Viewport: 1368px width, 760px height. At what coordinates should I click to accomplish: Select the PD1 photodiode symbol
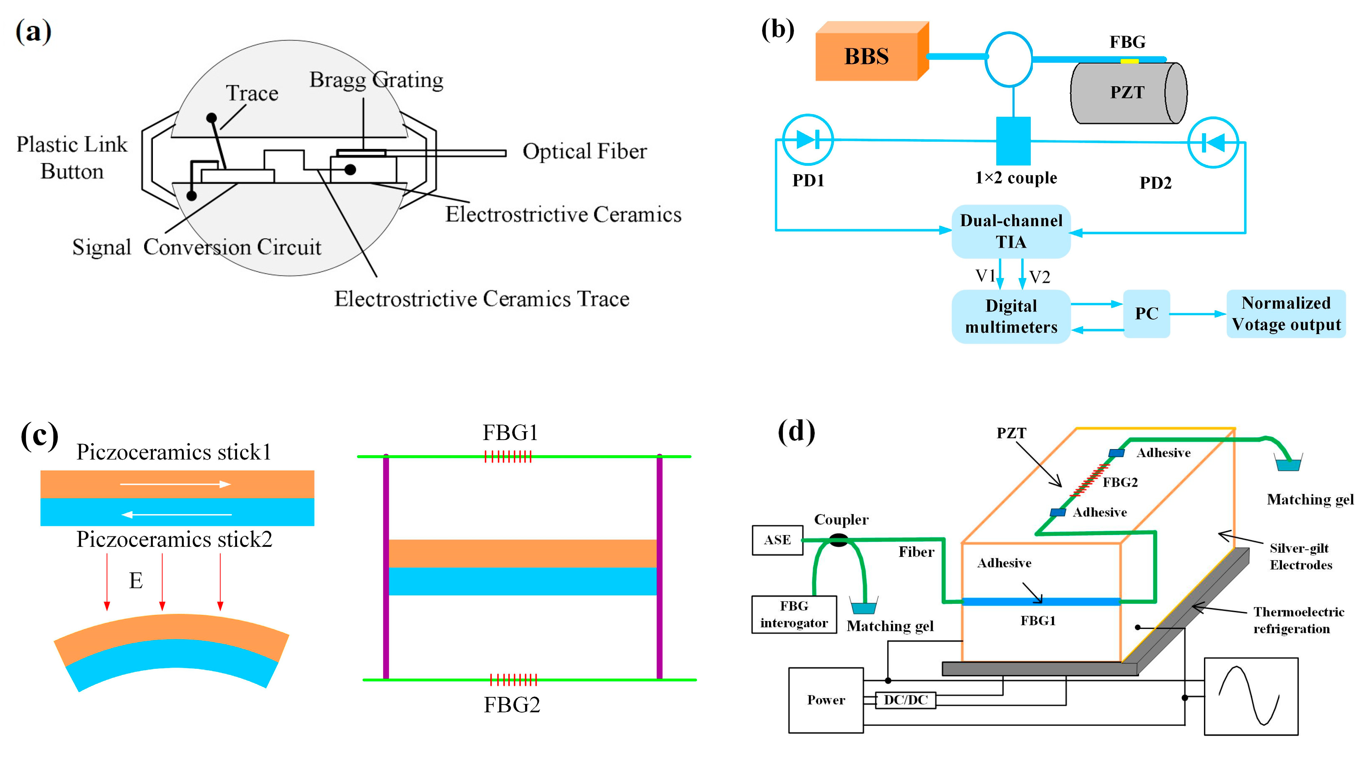point(808,139)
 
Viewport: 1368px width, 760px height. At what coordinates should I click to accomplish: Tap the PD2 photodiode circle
point(1213,142)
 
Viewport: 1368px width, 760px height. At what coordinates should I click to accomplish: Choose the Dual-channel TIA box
point(1011,231)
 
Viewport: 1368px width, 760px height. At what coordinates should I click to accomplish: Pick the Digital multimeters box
point(1011,316)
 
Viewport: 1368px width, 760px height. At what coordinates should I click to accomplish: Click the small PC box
point(1147,314)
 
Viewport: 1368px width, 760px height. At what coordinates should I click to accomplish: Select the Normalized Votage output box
point(1286,314)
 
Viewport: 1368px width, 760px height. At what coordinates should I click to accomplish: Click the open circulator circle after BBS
point(1008,59)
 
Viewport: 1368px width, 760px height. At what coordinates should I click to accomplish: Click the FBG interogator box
point(794,614)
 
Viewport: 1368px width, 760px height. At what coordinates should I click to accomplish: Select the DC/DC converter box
point(905,700)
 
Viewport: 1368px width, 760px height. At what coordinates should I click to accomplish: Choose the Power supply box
point(826,700)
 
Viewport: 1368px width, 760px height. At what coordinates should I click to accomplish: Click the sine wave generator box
point(1251,696)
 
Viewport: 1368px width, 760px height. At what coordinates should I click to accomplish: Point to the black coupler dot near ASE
point(839,541)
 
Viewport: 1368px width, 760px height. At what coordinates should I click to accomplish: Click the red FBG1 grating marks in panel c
point(508,456)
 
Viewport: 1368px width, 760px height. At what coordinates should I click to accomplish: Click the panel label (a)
point(34,31)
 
